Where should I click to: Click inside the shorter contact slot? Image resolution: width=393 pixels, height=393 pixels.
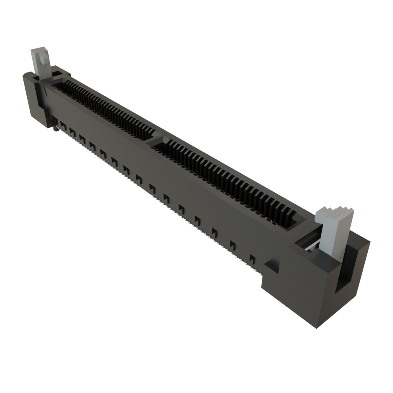coord(104,107)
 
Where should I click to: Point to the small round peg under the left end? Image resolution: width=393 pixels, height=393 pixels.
coord(55,130)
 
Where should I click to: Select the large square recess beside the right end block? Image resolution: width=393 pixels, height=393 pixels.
coord(272,265)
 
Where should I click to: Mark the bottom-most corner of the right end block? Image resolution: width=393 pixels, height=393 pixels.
coord(317,328)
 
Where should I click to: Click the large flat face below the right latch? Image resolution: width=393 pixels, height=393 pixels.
coord(299,292)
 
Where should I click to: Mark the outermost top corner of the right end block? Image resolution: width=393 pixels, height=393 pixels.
coord(369,242)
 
